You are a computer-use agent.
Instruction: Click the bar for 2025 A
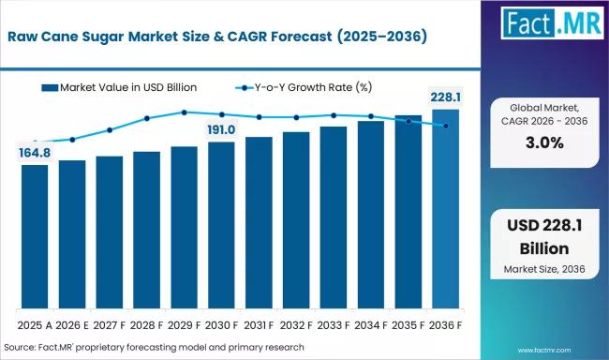click(x=35, y=236)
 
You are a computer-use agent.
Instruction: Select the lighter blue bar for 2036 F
click(x=445, y=209)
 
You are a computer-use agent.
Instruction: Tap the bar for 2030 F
click(x=221, y=225)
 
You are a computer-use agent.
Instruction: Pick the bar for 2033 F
click(x=334, y=217)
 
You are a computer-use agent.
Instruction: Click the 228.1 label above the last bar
click(x=445, y=97)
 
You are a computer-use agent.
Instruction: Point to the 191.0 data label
click(x=221, y=129)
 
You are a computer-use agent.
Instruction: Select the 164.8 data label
click(x=35, y=153)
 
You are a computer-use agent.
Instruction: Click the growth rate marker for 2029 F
click(x=184, y=112)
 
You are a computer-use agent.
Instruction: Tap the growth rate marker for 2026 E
click(x=72, y=140)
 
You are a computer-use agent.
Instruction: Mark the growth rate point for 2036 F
click(x=446, y=126)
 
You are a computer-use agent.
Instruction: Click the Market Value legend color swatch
click(x=50, y=88)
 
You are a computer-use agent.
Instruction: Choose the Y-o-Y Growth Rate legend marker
click(x=245, y=88)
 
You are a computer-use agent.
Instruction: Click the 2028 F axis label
click(x=146, y=325)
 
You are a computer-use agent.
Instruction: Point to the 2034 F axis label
click(x=371, y=325)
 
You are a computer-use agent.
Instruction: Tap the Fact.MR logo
click(x=552, y=22)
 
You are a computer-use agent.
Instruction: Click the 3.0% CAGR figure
click(x=544, y=143)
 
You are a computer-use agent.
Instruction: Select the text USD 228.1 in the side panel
click(x=544, y=226)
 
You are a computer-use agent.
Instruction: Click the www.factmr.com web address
click(x=544, y=351)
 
